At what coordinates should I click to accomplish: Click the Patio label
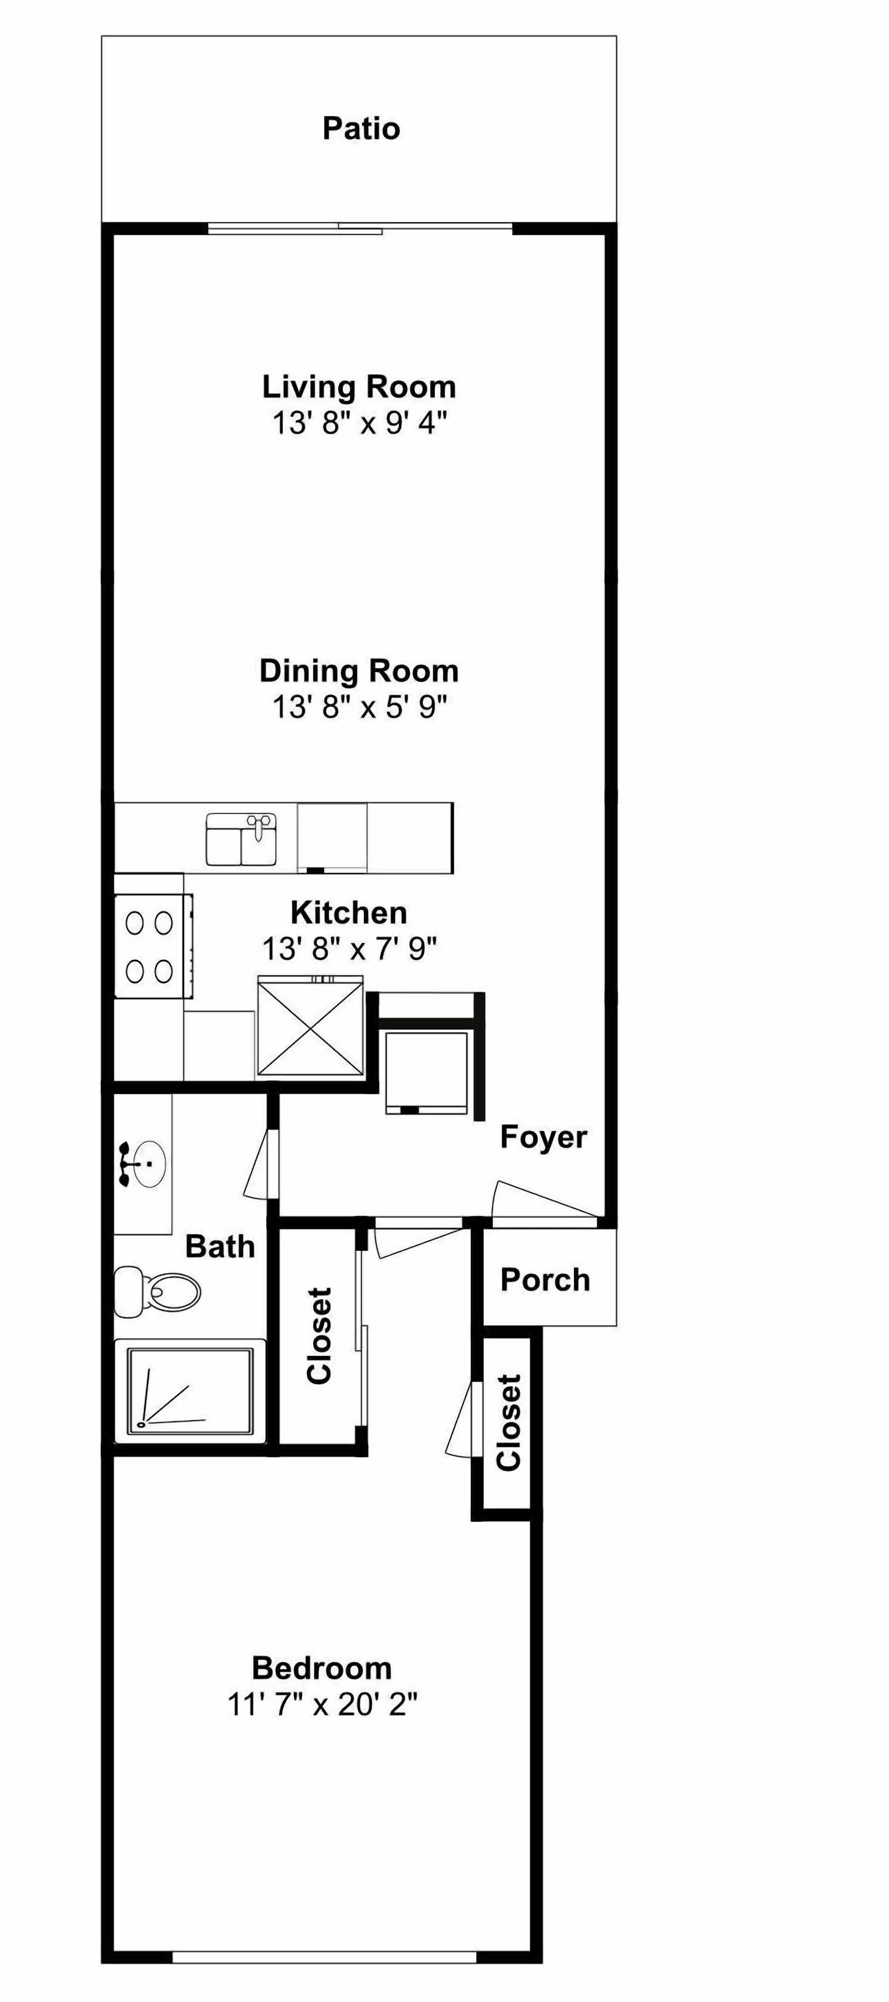tap(361, 128)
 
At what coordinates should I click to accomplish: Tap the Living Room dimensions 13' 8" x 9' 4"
tap(360, 424)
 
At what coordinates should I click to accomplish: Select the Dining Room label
tap(359, 671)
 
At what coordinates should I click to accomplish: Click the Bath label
tap(220, 1247)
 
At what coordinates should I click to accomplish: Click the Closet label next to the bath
tap(319, 1335)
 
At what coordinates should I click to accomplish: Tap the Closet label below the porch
tap(509, 1422)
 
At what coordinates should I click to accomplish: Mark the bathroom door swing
tap(259, 1163)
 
